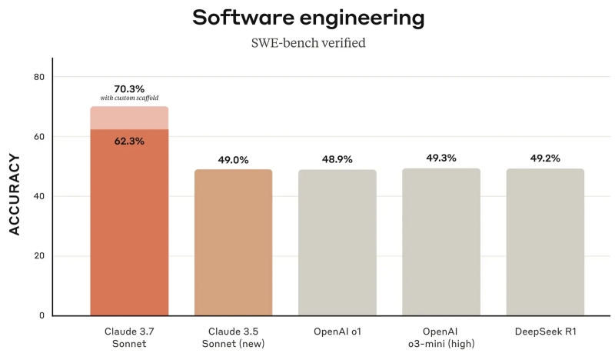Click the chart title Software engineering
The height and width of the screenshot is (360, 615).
307,18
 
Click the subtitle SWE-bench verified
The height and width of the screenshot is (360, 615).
307,43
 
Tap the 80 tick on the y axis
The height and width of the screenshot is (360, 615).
39,77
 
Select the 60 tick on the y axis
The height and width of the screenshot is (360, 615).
39,137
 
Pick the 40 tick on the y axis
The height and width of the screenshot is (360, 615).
39,196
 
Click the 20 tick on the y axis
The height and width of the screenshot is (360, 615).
39,256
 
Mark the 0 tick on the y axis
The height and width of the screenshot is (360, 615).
42,315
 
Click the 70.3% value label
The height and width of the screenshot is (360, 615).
129,88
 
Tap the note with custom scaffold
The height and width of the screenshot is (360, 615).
129,98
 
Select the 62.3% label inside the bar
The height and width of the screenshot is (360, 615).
129,141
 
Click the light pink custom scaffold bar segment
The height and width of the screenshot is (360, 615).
129,118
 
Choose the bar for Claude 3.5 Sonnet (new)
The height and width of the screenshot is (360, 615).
233,242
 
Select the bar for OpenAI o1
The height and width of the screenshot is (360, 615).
337,242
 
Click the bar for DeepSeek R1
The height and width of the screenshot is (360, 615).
545,242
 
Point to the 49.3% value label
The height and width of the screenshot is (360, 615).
441,158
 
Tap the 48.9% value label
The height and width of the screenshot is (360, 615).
337,160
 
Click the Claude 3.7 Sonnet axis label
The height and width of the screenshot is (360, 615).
129,336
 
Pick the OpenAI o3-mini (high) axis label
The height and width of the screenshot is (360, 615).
441,336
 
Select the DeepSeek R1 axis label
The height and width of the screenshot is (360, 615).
545,331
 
